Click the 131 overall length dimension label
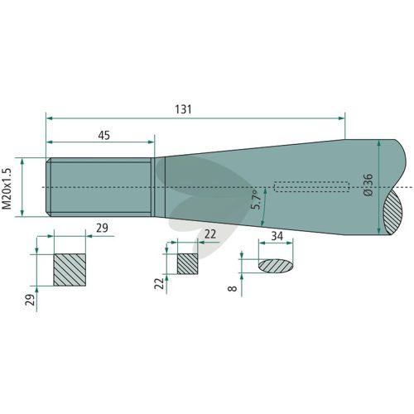tap(183, 109)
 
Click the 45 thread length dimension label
tap(104, 136)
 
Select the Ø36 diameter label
tap(368, 185)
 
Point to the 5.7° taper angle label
tap(257, 200)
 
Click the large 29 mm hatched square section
tap(70, 270)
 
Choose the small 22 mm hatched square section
tap(187, 264)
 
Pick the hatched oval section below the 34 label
tap(276, 266)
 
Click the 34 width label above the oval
tap(277, 236)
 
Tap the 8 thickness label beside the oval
tap(233, 288)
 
